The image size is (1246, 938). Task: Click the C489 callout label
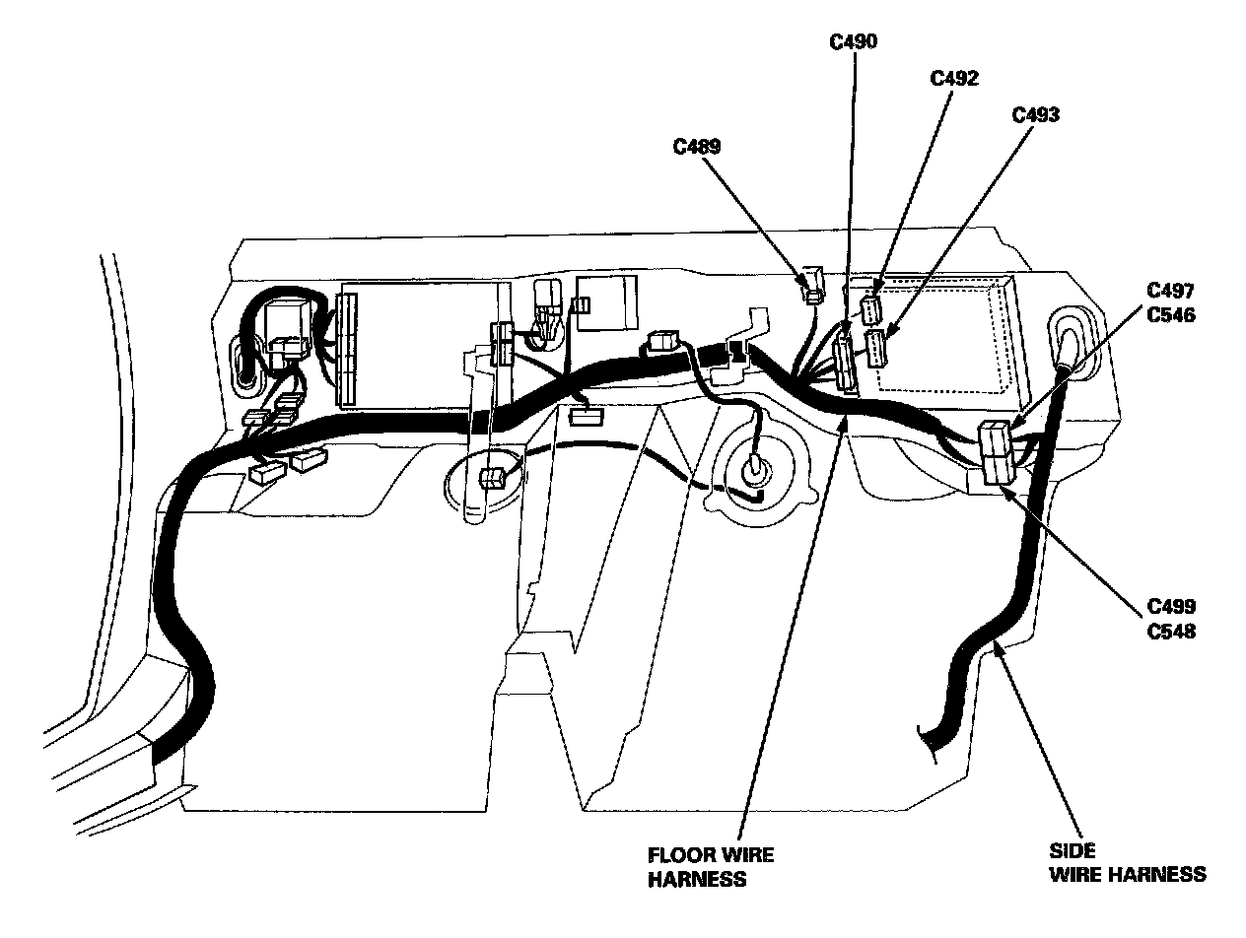click(697, 147)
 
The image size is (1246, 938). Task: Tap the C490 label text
click(854, 41)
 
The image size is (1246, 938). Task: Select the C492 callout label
click(954, 79)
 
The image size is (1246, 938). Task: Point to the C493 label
click(1036, 114)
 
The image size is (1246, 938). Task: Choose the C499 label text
click(1171, 606)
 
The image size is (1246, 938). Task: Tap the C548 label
click(1171, 631)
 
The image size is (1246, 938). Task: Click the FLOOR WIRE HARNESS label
click(711, 866)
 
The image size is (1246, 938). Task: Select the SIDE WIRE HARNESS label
click(1126, 861)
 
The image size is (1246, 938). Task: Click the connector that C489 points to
click(811, 285)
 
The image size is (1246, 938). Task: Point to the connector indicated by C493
click(875, 348)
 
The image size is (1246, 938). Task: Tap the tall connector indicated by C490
click(845, 362)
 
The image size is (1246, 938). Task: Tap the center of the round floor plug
click(753, 468)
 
